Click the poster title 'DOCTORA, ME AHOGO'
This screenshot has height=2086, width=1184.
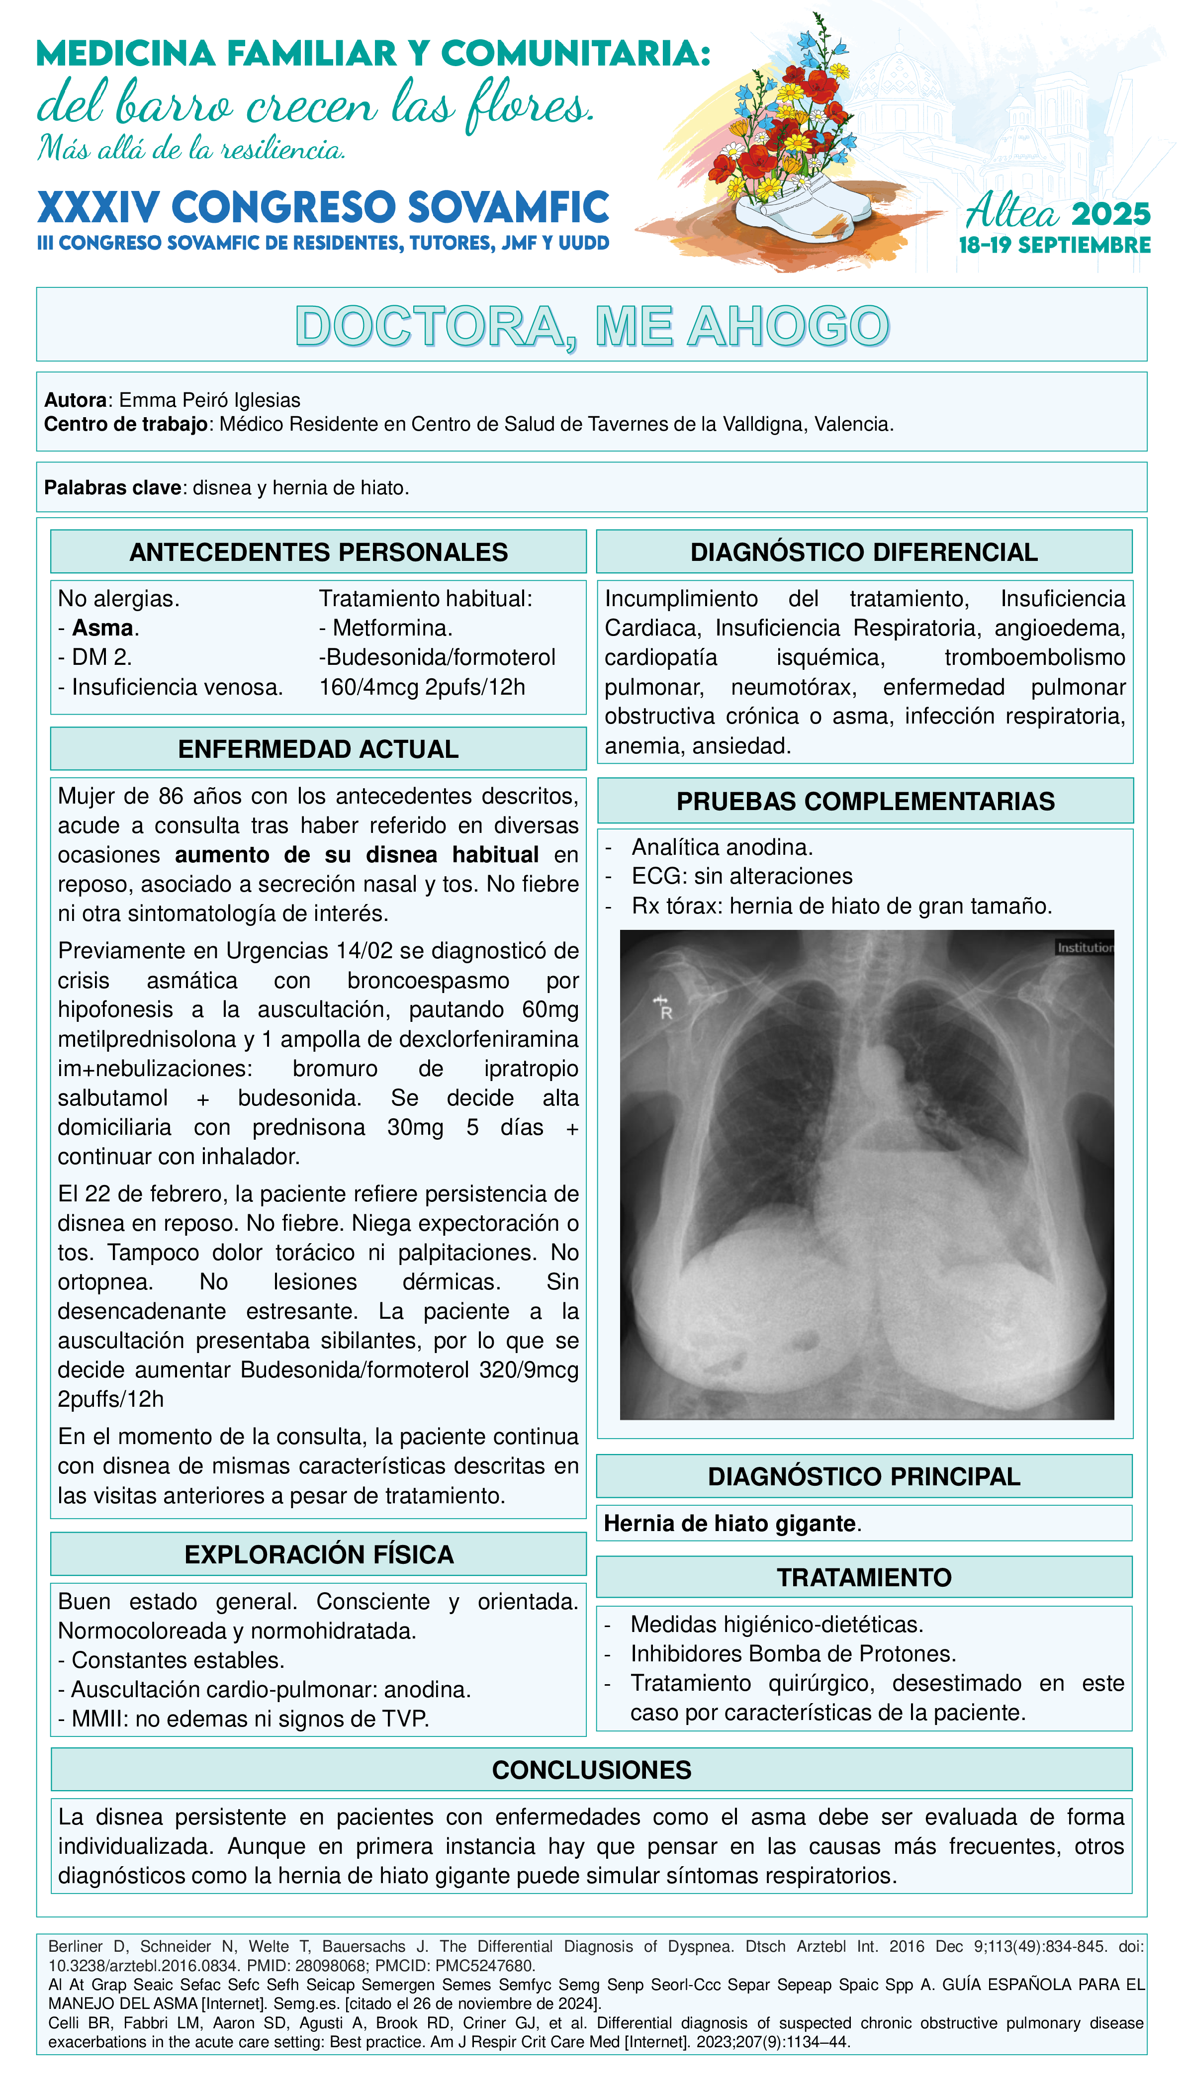(x=592, y=326)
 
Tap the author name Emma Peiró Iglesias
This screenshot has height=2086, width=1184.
(x=209, y=400)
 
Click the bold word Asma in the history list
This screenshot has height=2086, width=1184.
(x=102, y=628)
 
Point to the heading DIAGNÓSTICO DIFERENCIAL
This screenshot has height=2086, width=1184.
(x=864, y=552)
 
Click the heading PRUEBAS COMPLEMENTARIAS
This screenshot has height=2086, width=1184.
(x=865, y=801)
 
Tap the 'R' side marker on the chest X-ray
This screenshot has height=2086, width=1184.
(x=666, y=1012)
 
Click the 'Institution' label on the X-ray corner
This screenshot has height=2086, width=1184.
(x=1084, y=948)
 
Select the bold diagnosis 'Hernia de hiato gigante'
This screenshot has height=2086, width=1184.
(x=729, y=1523)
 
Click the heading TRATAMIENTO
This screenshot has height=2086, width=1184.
(x=864, y=1577)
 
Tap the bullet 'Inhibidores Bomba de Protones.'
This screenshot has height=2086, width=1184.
(x=793, y=1653)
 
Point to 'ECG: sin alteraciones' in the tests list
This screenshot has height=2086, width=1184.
(x=741, y=876)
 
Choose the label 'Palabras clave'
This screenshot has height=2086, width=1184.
(x=112, y=488)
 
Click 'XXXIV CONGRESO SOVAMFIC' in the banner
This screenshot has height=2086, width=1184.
(x=323, y=207)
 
